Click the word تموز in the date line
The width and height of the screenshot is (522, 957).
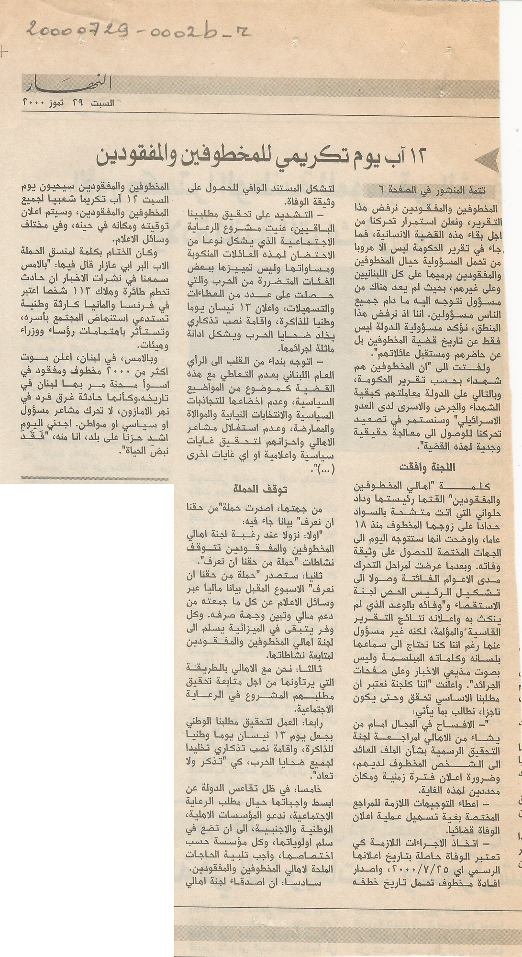point(70,102)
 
